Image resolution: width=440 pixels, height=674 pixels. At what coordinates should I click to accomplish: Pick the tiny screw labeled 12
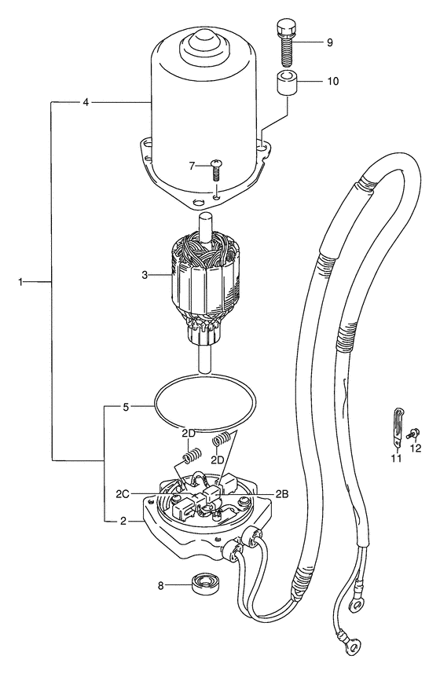414,434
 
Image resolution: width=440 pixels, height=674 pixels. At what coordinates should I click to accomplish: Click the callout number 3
145,274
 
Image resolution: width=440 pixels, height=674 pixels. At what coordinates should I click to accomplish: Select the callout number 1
20,282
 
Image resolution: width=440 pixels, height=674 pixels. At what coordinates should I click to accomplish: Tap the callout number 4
86,102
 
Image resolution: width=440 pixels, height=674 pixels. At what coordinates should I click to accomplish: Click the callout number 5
126,407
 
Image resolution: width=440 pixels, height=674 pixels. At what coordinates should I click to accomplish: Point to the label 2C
123,494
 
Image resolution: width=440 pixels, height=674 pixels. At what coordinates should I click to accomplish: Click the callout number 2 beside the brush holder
123,521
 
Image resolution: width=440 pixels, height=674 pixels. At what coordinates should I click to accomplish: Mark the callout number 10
333,81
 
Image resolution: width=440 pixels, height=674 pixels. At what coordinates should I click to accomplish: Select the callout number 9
330,42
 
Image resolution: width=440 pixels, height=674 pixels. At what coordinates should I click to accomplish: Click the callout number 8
161,585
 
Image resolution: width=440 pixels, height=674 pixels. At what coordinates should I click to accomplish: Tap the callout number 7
192,165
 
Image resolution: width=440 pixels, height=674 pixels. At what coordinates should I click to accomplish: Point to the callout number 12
416,448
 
